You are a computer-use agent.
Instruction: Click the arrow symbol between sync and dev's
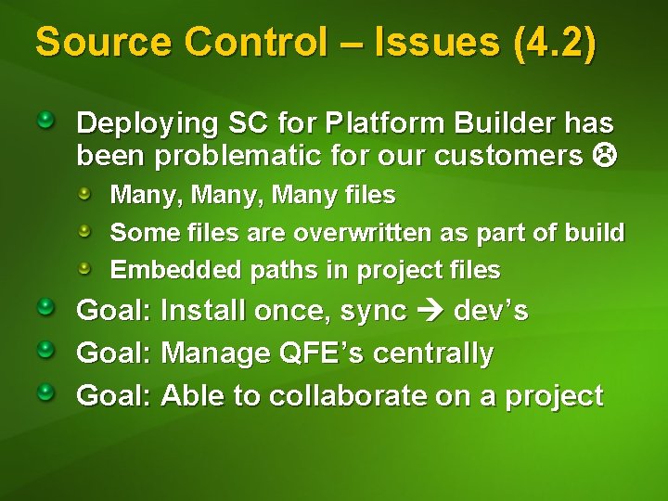[x=430, y=312]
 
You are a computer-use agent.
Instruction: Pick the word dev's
[x=491, y=311]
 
